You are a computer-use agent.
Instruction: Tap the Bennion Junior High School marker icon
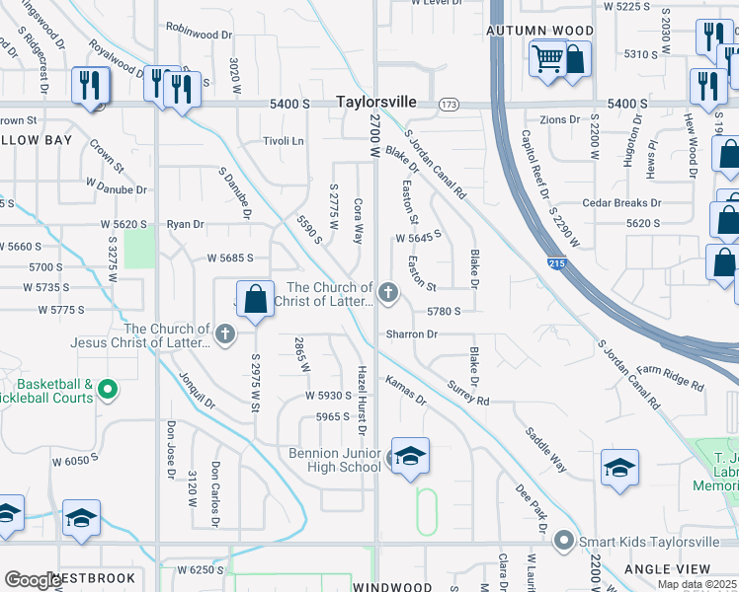[410, 456]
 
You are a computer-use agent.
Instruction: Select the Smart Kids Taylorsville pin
[564, 540]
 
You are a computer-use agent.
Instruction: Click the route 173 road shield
[450, 104]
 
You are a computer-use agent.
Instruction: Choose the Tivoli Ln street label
[283, 141]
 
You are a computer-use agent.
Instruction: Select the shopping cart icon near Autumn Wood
[548, 58]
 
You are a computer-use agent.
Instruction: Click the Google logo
[33, 579]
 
